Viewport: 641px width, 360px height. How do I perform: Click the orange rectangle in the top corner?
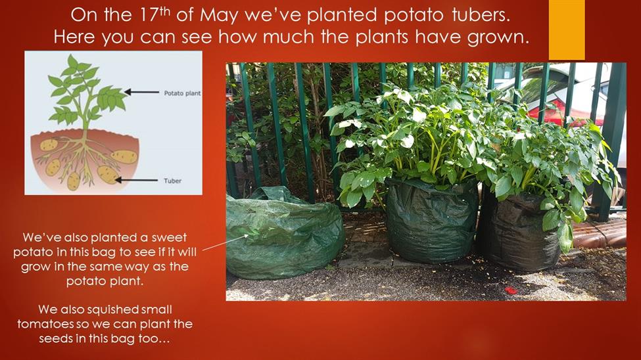pos(567,30)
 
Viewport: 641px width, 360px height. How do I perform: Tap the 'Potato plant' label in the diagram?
pos(182,93)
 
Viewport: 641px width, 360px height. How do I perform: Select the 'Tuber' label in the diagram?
pos(172,181)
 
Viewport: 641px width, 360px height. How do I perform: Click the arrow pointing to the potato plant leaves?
pos(141,93)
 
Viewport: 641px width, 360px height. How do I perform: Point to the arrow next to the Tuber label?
pos(137,180)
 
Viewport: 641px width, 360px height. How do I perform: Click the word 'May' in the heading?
pos(220,16)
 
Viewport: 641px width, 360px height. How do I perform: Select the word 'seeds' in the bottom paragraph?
pos(56,338)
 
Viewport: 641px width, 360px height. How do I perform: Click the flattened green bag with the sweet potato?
pos(285,233)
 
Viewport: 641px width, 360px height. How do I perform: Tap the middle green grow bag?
pos(432,221)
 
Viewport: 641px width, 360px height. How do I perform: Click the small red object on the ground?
pos(511,290)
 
